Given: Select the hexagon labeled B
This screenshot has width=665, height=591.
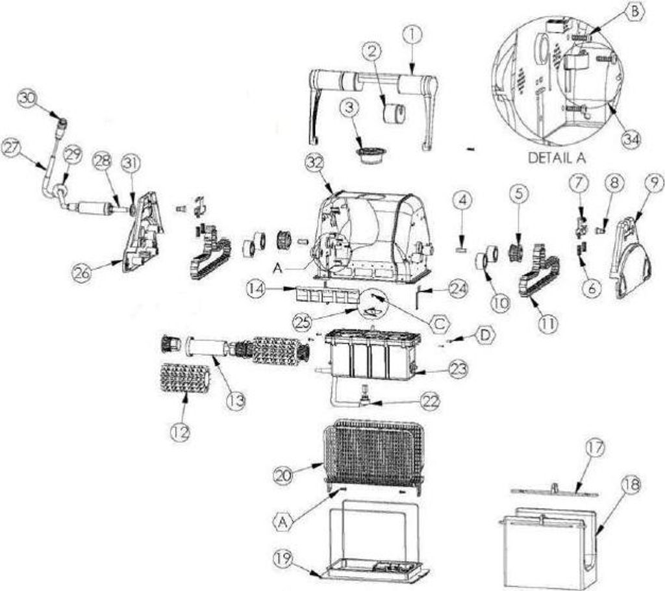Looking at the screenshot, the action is click(635, 12).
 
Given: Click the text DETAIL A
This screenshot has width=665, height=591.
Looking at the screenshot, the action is click(557, 158).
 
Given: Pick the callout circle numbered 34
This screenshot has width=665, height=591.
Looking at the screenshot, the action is click(631, 139).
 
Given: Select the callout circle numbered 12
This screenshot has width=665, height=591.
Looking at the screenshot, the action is click(181, 432).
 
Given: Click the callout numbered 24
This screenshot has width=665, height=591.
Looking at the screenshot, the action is click(457, 290).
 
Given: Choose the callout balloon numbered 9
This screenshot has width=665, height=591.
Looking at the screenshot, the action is click(654, 183).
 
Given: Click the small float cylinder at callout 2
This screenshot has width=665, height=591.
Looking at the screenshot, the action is click(394, 114).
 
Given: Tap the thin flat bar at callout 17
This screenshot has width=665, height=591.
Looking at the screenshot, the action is click(555, 491).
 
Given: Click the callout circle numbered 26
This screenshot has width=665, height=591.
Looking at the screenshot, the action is click(82, 272).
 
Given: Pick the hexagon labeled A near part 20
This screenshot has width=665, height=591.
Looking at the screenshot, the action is click(284, 522).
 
